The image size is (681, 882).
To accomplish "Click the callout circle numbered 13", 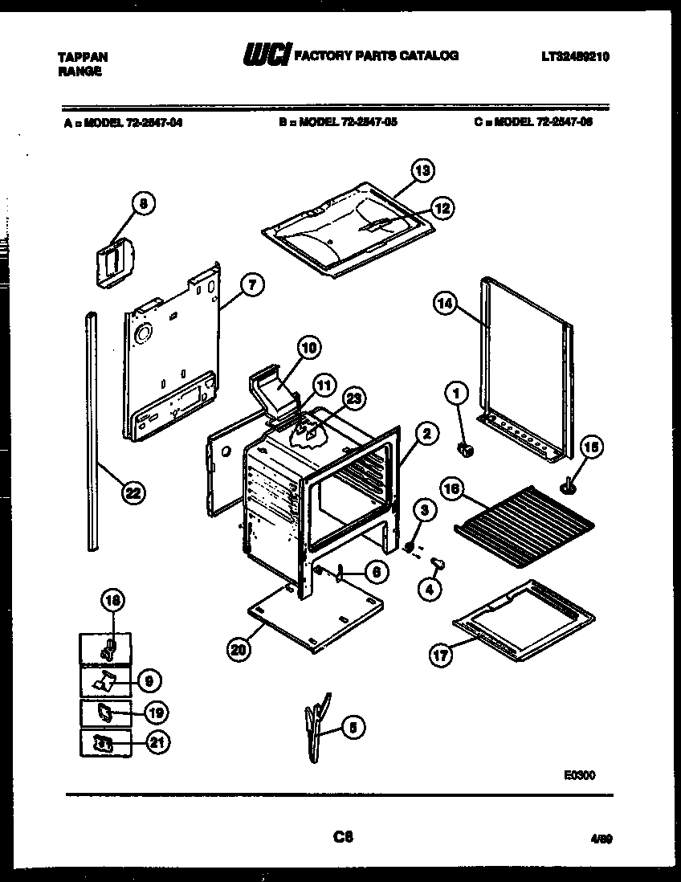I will (x=422, y=170).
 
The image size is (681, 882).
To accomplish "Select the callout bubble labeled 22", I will (x=133, y=493).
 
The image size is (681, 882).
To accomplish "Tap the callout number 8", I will (x=143, y=204).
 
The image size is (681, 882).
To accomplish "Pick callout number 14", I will (x=445, y=303).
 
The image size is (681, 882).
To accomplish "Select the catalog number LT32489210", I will (x=576, y=56).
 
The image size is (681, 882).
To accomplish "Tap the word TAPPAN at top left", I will (x=84, y=57).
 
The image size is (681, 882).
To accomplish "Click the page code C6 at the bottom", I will (x=344, y=837).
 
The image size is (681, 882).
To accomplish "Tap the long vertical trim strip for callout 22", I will (x=92, y=434).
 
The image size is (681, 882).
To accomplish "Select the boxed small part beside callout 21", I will (x=104, y=745).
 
